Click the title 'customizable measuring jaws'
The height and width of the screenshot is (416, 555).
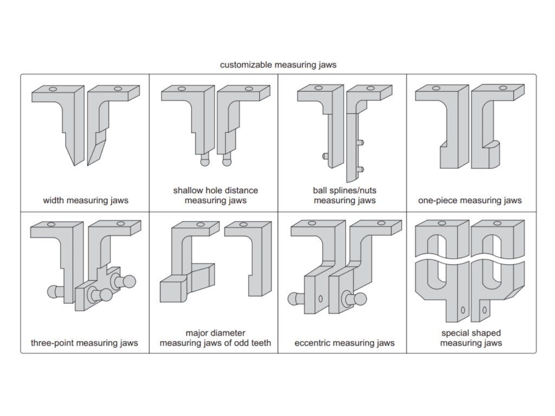[x=278, y=65]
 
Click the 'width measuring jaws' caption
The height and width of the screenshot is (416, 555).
[x=86, y=200]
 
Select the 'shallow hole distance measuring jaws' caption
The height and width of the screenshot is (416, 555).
[x=215, y=196]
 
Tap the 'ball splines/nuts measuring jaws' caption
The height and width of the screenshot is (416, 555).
[x=344, y=196]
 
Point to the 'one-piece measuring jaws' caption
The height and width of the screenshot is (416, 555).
[x=469, y=200]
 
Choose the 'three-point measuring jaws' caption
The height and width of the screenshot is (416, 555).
[x=84, y=343]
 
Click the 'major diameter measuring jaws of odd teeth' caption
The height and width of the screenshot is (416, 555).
[x=215, y=338]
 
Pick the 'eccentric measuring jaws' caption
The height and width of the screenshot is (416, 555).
[x=344, y=343]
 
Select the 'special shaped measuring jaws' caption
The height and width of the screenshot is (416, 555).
[x=470, y=338]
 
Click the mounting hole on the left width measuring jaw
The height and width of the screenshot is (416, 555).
[x=53, y=89]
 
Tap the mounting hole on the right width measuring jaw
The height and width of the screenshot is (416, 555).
[x=118, y=88]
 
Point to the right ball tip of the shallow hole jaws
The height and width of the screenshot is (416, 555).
[x=227, y=160]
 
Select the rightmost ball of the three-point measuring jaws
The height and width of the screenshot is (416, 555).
[x=130, y=281]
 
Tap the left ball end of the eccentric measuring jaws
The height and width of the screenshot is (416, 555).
[x=292, y=298]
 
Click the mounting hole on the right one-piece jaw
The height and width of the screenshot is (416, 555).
[x=503, y=87]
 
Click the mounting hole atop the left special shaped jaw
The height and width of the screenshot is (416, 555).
[x=442, y=223]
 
